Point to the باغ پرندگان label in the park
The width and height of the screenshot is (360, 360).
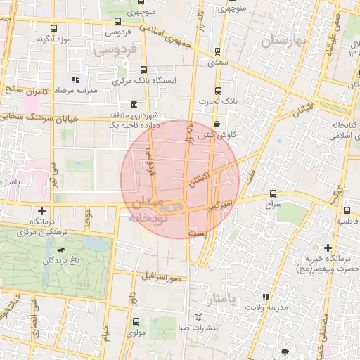39,261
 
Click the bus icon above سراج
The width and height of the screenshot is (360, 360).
273,193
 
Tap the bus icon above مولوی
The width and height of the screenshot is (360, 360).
136,322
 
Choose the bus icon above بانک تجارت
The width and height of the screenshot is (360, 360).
217,91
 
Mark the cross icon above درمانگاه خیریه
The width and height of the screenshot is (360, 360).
328,247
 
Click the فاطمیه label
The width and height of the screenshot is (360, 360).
347,221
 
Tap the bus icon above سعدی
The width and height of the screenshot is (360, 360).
217,50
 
